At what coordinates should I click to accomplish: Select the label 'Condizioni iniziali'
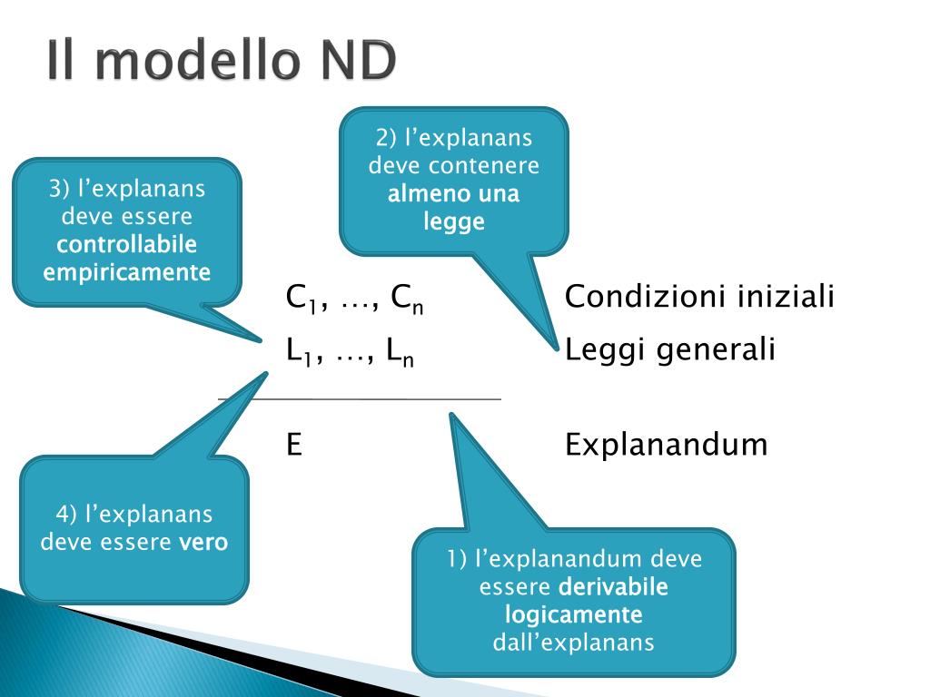click(699, 297)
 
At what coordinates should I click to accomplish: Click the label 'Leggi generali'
click(670, 349)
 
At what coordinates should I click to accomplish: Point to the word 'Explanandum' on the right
click(666, 445)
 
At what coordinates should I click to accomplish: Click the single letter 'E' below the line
click(294, 445)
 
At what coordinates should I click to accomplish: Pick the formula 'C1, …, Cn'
click(355, 298)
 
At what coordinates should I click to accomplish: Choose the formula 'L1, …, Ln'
click(351, 351)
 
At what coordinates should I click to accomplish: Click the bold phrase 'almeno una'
click(454, 193)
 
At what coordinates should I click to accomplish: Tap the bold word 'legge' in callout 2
click(454, 221)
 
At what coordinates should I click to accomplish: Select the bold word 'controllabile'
click(127, 244)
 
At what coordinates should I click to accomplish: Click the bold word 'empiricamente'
click(127, 271)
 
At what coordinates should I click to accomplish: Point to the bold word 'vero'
click(203, 542)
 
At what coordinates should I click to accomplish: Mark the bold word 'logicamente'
click(574, 614)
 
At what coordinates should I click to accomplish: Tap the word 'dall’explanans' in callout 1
click(574, 643)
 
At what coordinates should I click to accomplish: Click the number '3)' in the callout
click(60, 189)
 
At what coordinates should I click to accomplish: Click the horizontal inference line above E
click(360, 398)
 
